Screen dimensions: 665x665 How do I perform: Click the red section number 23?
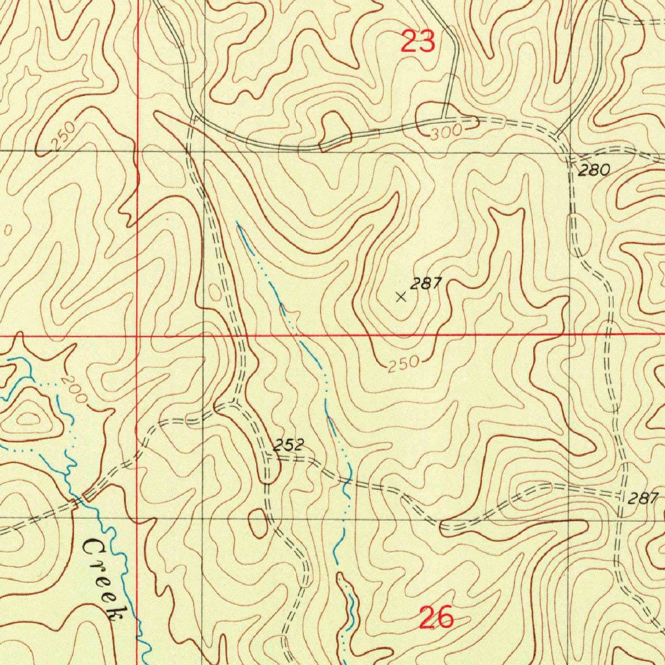point(418,42)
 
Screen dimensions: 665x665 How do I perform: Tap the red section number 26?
point(436,618)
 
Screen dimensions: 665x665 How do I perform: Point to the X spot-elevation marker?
point(401,297)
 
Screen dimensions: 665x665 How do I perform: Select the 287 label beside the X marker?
point(426,283)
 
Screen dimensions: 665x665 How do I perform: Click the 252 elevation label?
point(288,445)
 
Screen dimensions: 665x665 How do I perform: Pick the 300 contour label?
point(446,132)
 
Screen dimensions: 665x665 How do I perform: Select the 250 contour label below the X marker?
point(405,366)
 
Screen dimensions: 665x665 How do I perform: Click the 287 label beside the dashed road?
point(643,498)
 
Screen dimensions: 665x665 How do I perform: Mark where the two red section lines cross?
point(138,335)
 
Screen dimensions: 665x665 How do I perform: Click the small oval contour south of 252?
point(258,523)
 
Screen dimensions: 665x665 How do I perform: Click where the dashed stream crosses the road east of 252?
point(347,481)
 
